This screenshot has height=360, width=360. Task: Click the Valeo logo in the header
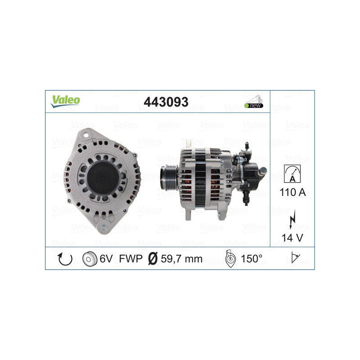tap(65, 101)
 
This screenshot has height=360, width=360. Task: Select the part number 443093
tap(166, 102)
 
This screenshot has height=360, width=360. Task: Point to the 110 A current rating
tap(292, 193)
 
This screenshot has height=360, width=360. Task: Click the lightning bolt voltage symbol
tap(293, 220)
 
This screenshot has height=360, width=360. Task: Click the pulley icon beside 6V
tap(90, 259)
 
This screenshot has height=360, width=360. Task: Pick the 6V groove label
tap(106, 259)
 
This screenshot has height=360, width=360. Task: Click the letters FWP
tap(131, 259)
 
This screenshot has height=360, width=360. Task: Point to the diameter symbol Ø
tap(153, 259)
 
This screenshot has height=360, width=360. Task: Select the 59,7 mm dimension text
tap(182, 259)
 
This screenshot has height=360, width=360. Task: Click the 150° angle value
tap(252, 259)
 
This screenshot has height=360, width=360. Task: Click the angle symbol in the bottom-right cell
tap(293, 259)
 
